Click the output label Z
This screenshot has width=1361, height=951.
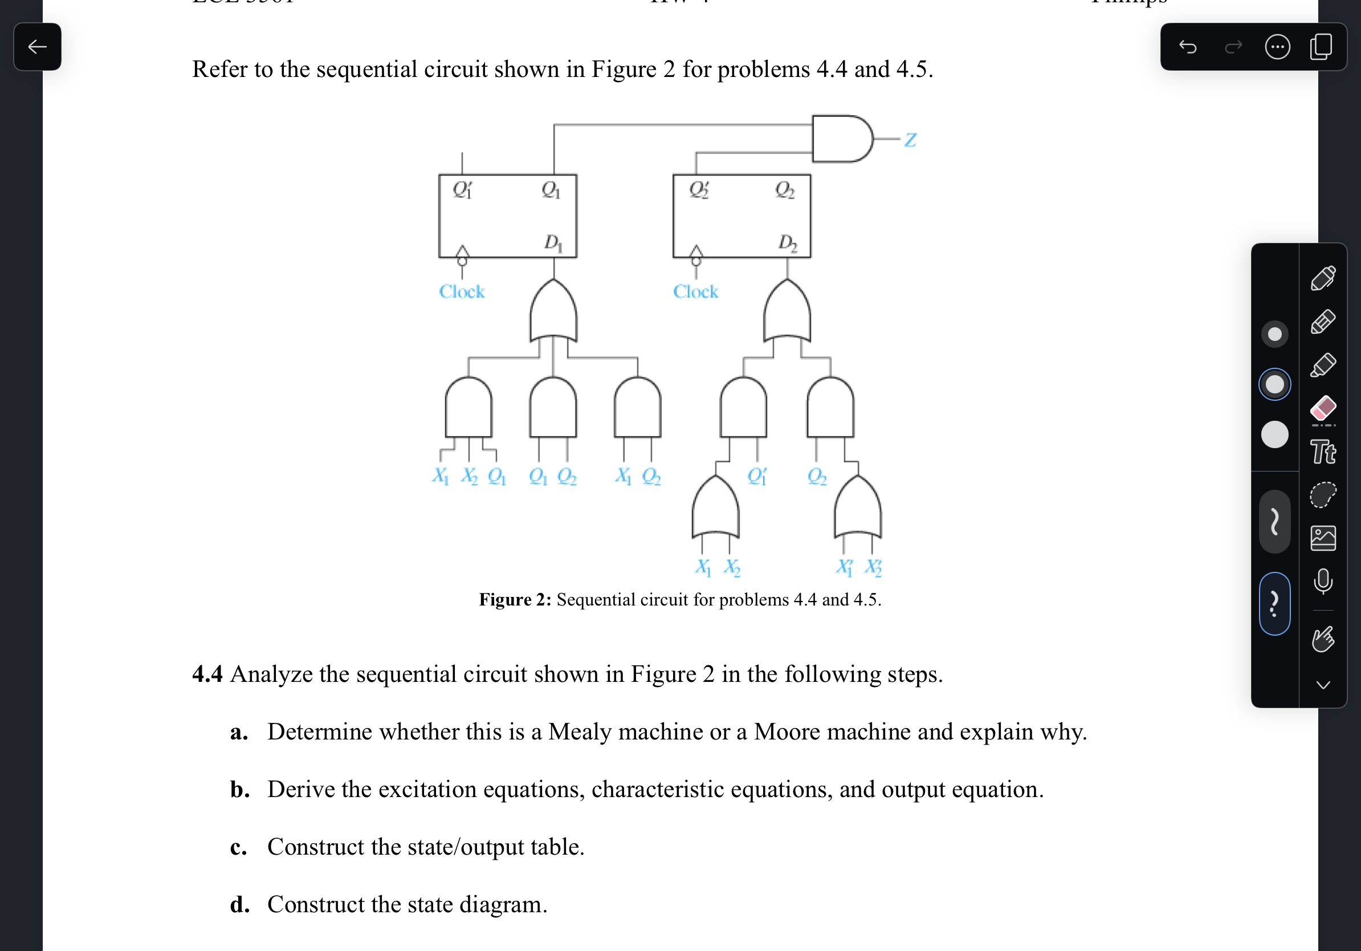click(910, 140)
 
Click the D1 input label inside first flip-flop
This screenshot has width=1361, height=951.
click(552, 242)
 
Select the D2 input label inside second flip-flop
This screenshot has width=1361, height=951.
click(787, 242)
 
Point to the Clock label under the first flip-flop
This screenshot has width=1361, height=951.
click(461, 292)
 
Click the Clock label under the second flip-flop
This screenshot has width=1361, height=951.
click(695, 292)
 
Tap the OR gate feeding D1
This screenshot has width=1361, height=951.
click(553, 311)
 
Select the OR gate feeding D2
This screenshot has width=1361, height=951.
click(787, 311)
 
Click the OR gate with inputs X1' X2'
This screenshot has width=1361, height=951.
click(858, 509)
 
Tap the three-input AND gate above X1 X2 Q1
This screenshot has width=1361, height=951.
click(468, 408)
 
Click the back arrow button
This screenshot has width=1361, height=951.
click(38, 47)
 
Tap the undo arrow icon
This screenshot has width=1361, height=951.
click(1187, 47)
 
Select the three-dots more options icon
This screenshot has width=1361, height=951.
click(1277, 47)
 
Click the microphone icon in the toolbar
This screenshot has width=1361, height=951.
click(1323, 581)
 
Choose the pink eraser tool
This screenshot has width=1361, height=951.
click(1323, 408)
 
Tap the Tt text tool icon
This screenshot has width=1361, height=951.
click(1323, 452)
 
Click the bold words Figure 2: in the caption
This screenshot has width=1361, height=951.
click(515, 599)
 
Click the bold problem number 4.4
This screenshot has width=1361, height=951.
click(207, 674)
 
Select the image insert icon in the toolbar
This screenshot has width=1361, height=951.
click(1323, 538)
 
